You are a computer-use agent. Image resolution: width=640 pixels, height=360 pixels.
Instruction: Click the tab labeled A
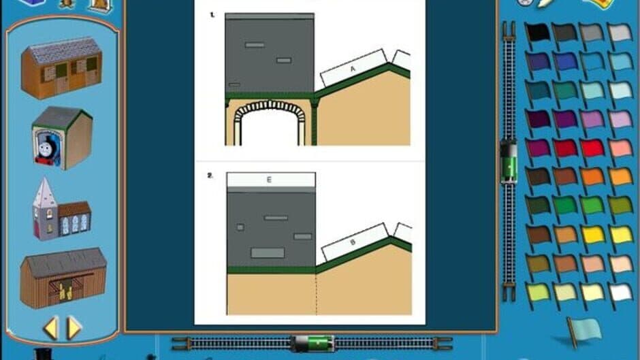coord(353,69)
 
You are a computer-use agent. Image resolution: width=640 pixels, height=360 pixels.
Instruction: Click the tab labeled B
coord(353,241)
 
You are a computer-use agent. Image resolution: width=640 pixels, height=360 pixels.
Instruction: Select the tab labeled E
coord(270,180)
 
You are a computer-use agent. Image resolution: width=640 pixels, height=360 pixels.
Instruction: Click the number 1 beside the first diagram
coord(212,14)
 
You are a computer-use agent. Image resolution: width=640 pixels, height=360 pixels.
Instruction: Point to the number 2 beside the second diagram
coord(211,175)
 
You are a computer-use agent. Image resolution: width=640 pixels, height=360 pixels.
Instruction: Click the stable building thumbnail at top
coord(61,68)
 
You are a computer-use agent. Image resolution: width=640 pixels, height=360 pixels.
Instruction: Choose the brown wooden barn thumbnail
coord(63,277)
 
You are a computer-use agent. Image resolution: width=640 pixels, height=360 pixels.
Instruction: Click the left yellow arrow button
coord(50,328)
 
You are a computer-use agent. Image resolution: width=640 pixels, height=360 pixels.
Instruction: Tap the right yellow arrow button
coord(74,328)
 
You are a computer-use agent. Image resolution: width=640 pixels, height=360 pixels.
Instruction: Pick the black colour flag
coord(537,32)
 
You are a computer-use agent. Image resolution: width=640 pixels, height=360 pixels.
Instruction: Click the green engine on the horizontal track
coord(311,343)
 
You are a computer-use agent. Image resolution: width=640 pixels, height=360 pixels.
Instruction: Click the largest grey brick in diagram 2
coord(268,253)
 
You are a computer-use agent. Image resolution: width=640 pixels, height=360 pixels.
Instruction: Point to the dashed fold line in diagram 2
coord(316,293)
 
